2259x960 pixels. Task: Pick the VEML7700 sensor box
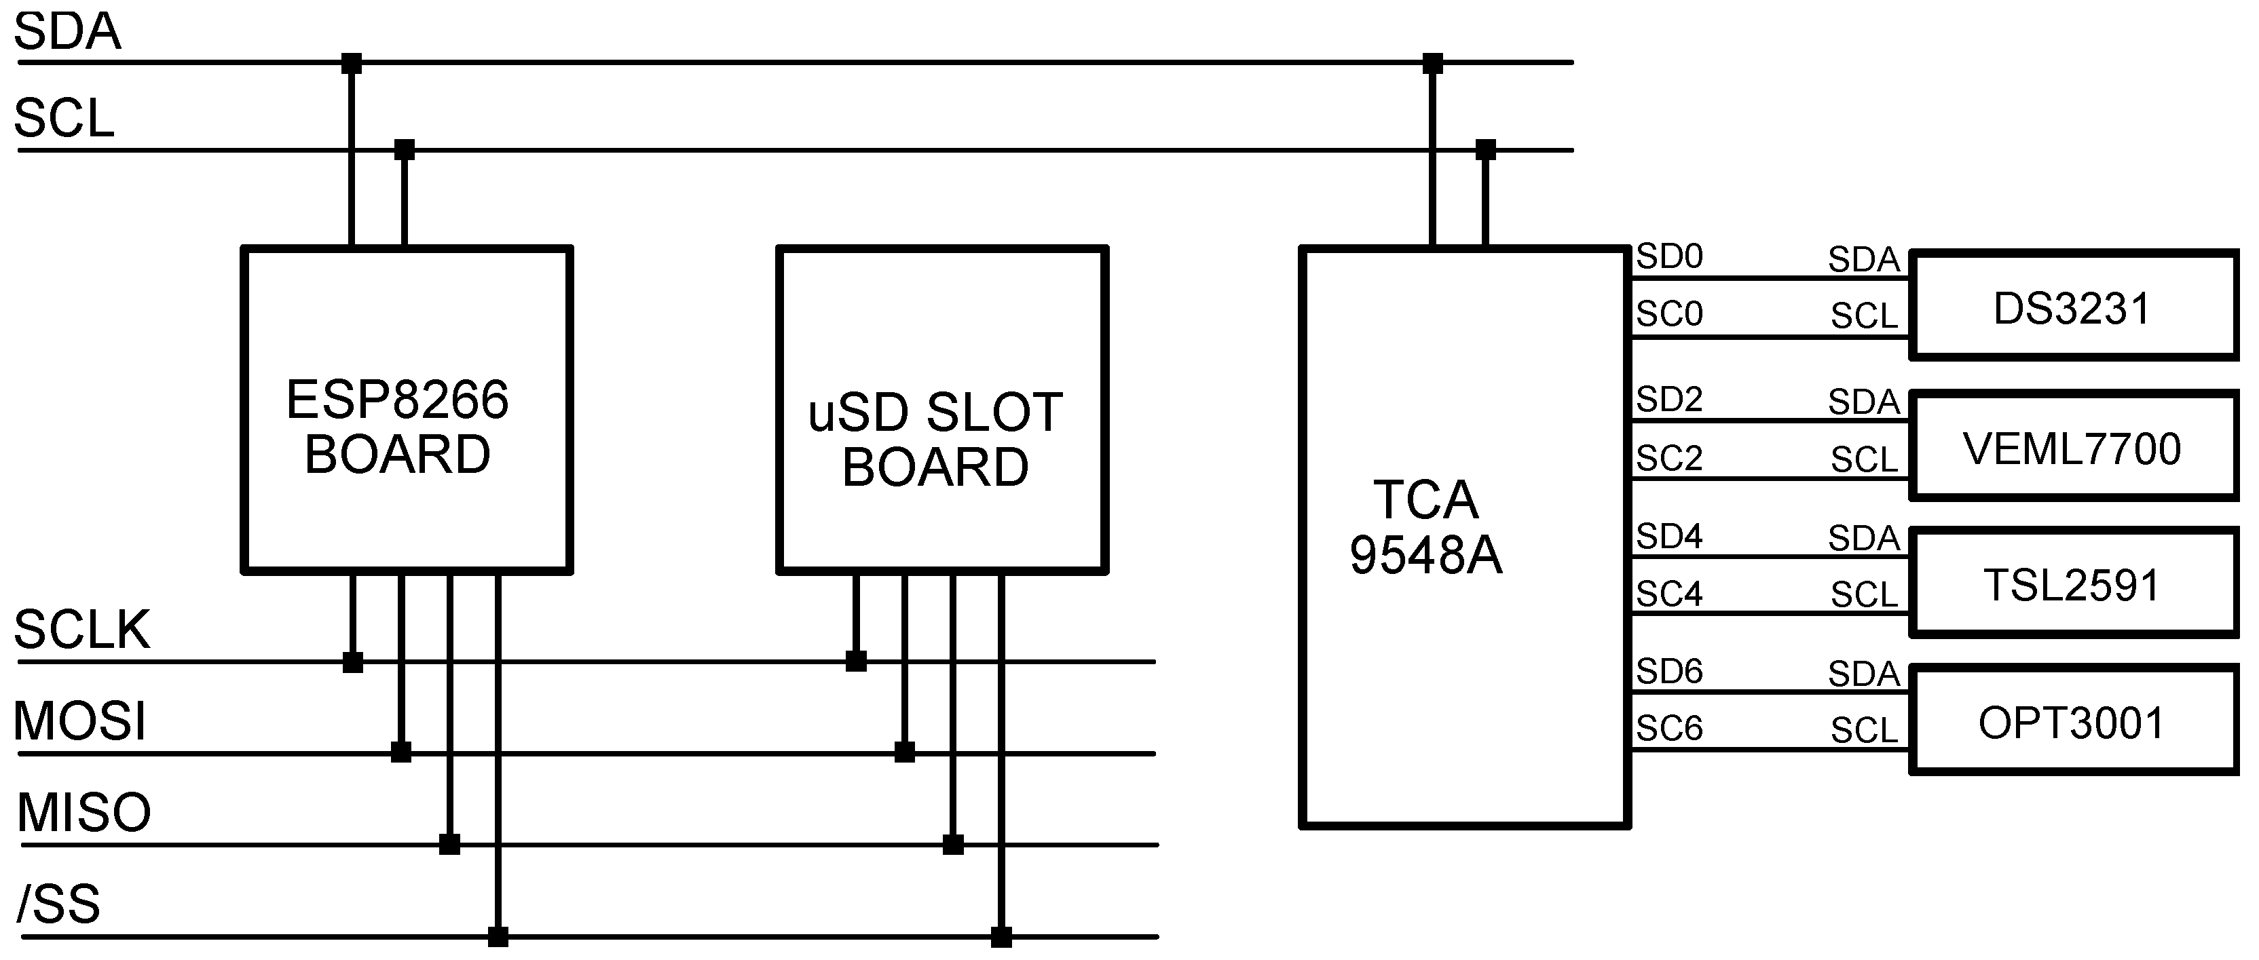[2073, 447]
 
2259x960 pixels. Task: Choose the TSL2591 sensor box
[2073, 584]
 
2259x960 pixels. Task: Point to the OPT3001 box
[2073, 722]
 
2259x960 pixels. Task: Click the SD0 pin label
[1669, 256]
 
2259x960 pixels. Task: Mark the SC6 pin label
[1669, 728]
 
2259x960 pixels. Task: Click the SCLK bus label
[82, 629]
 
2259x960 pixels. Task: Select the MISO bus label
[84, 813]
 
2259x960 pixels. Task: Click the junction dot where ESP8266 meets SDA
[351, 63]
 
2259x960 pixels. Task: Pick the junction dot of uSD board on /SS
[1001, 937]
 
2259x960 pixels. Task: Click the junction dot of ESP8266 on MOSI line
[400, 751]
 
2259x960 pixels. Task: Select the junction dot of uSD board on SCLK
[856, 661]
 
